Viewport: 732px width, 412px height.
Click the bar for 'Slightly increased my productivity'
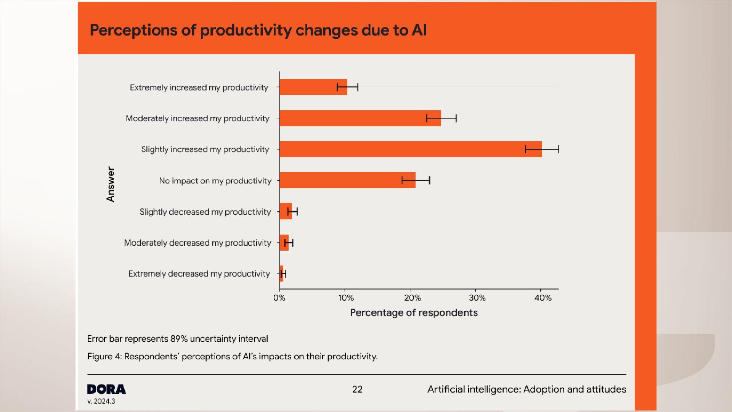click(x=410, y=149)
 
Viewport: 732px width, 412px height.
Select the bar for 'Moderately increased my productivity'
click(x=360, y=118)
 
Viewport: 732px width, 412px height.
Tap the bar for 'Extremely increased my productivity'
click(x=313, y=87)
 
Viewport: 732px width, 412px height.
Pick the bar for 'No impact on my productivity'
click(x=347, y=180)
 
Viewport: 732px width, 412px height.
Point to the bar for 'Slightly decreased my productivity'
click(x=286, y=211)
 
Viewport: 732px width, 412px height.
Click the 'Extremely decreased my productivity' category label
click(x=199, y=274)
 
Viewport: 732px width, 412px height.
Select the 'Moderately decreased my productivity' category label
click(x=197, y=243)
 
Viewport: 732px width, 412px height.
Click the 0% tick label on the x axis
click(x=279, y=298)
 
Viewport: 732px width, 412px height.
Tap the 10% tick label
click(x=346, y=298)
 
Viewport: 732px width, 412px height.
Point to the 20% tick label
click(x=412, y=298)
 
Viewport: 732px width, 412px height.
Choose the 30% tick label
click(x=477, y=298)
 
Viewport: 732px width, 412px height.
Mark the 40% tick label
click(x=543, y=298)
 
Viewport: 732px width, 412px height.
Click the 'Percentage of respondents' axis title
click(x=414, y=313)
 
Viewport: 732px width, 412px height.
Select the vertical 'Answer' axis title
click(x=111, y=184)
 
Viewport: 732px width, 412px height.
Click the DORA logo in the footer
click(x=106, y=389)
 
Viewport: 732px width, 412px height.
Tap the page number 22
click(x=357, y=389)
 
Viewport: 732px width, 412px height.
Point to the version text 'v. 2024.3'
click(x=101, y=401)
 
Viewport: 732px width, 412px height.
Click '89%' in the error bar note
click(x=179, y=339)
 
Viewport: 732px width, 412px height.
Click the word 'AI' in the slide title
click(x=419, y=30)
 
